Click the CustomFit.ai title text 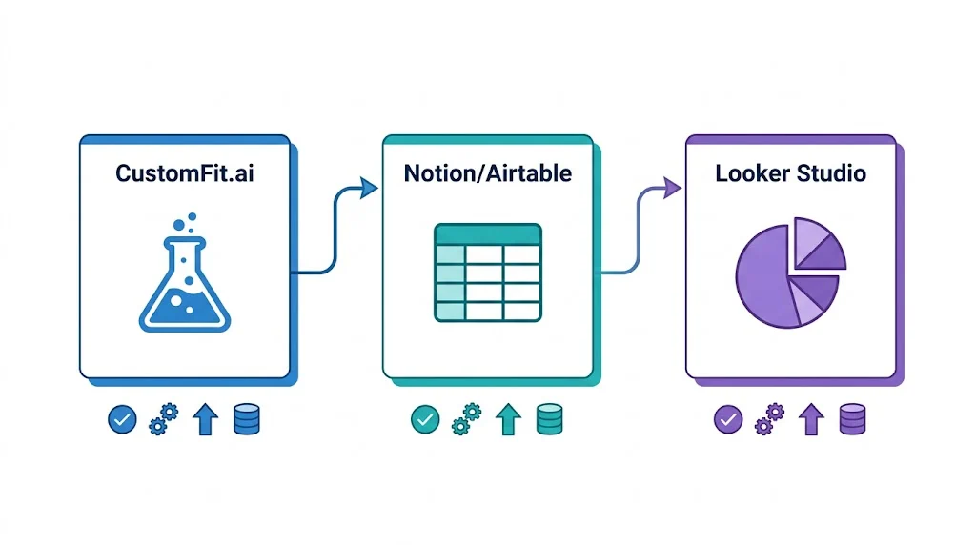tap(185, 173)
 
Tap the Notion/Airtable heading tap(487, 173)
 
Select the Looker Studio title tap(790, 173)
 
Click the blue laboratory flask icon tap(185, 272)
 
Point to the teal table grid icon tap(487, 272)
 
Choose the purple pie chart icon tap(790, 272)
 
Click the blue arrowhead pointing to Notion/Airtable tap(369, 188)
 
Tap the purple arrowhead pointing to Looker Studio tap(672, 188)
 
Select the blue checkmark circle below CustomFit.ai tap(122, 419)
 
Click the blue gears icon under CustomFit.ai tap(163, 419)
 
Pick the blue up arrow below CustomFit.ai tap(206, 419)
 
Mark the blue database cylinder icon tap(247, 419)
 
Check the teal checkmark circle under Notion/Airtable tap(425, 419)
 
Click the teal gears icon tap(466, 419)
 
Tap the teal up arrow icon tap(509, 419)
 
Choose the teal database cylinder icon tap(550, 419)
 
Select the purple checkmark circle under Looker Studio tap(728, 419)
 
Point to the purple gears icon tap(769, 419)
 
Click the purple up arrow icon tap(812, 419)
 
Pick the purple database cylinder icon tap(853, 419)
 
